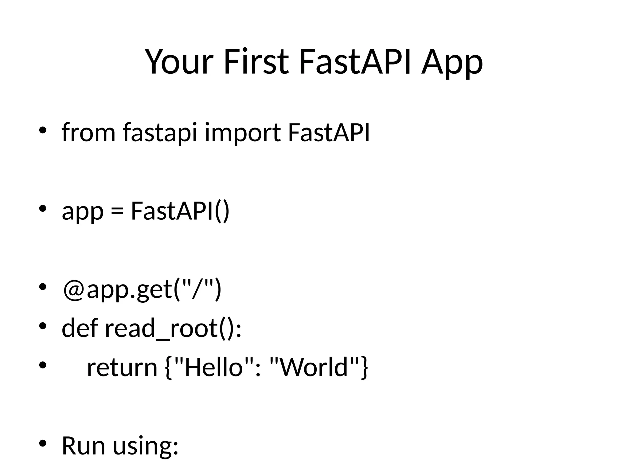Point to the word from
click(x=88, y=133)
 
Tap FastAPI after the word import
click(x=329, y=133)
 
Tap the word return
click(x=122, y=368)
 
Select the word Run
click(x=84, y=446)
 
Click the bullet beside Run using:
click(x=42, y=443)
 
